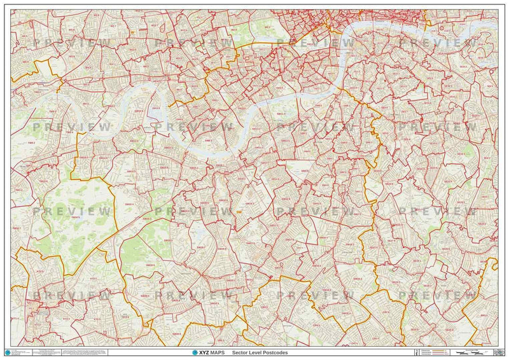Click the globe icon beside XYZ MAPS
[x=195, y=352]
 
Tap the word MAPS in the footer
[x=216, y=352]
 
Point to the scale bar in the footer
[x=471, y=351]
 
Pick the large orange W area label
[x=132, y=33]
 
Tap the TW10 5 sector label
[x=76, y=217]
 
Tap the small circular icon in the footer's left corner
[x=8, y=352]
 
